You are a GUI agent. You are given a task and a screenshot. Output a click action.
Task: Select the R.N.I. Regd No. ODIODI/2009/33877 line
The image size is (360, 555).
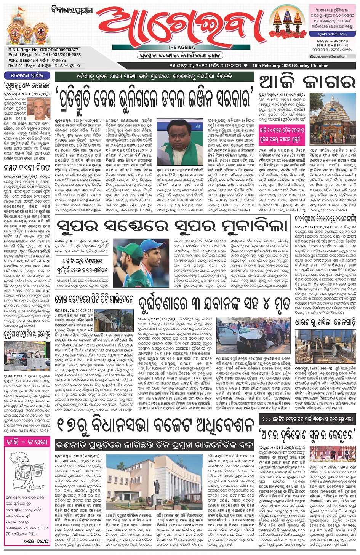[43, 50]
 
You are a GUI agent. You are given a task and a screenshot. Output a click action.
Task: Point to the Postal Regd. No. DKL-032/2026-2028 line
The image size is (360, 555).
[45, 55]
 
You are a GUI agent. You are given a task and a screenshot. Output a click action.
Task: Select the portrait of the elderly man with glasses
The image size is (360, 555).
[41, 109]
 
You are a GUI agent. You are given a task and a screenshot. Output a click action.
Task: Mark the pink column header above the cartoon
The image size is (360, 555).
[27, 442]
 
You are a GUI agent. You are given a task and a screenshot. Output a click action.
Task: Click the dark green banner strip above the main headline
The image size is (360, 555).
[154, 76]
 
